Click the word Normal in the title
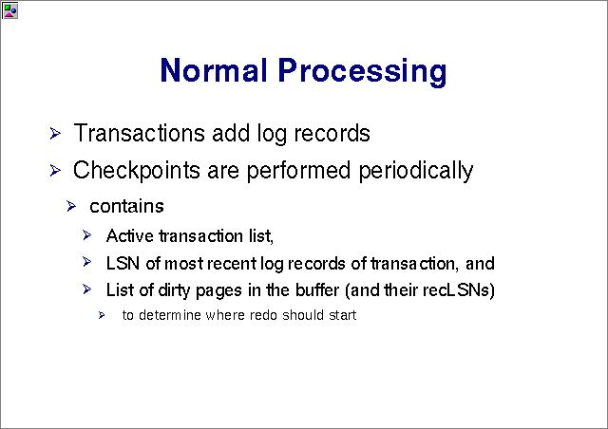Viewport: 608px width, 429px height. (x=214, y=70)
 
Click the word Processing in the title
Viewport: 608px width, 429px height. (x=363, y=71)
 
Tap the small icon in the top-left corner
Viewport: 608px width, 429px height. (x=9, y=10)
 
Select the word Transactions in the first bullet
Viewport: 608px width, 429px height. (x=139, y=133)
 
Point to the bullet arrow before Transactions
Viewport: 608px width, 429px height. (x=55, y=134)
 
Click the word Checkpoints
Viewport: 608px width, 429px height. (x=136, y=171)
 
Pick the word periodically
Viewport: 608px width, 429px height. (x=416, y=171)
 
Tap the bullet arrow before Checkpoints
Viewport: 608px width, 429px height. (x=55, y=171)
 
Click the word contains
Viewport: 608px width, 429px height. (x=126, y=206)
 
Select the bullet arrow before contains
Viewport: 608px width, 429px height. (x=71, y=206)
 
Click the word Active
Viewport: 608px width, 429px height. (x=130, y=236)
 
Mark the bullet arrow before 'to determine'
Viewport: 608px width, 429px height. (x=102, y=315)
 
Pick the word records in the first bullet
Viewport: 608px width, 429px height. (x=332, y=133)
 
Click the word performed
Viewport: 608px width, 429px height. (x=299, y=171)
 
